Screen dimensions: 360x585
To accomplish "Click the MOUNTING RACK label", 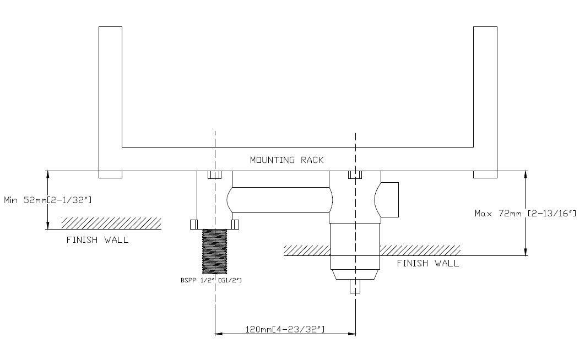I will click(286, 160).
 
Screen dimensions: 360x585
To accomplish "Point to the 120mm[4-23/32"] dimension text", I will click(285, 329).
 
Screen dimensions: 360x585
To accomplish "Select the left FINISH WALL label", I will click(97, 240).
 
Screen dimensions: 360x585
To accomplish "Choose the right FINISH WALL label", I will click(427, 263).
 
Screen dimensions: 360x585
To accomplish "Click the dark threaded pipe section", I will click(215, 252).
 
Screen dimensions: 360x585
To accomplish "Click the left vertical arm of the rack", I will click(110, 99).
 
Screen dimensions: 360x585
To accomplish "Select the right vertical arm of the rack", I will click(485, 99).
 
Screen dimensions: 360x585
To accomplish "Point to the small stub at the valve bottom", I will click(356, 286).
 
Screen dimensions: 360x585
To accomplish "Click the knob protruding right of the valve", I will click(389, 199).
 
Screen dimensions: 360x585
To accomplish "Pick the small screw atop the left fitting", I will click(214, 175).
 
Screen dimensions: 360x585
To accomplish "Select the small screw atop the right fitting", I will click(356, 175).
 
